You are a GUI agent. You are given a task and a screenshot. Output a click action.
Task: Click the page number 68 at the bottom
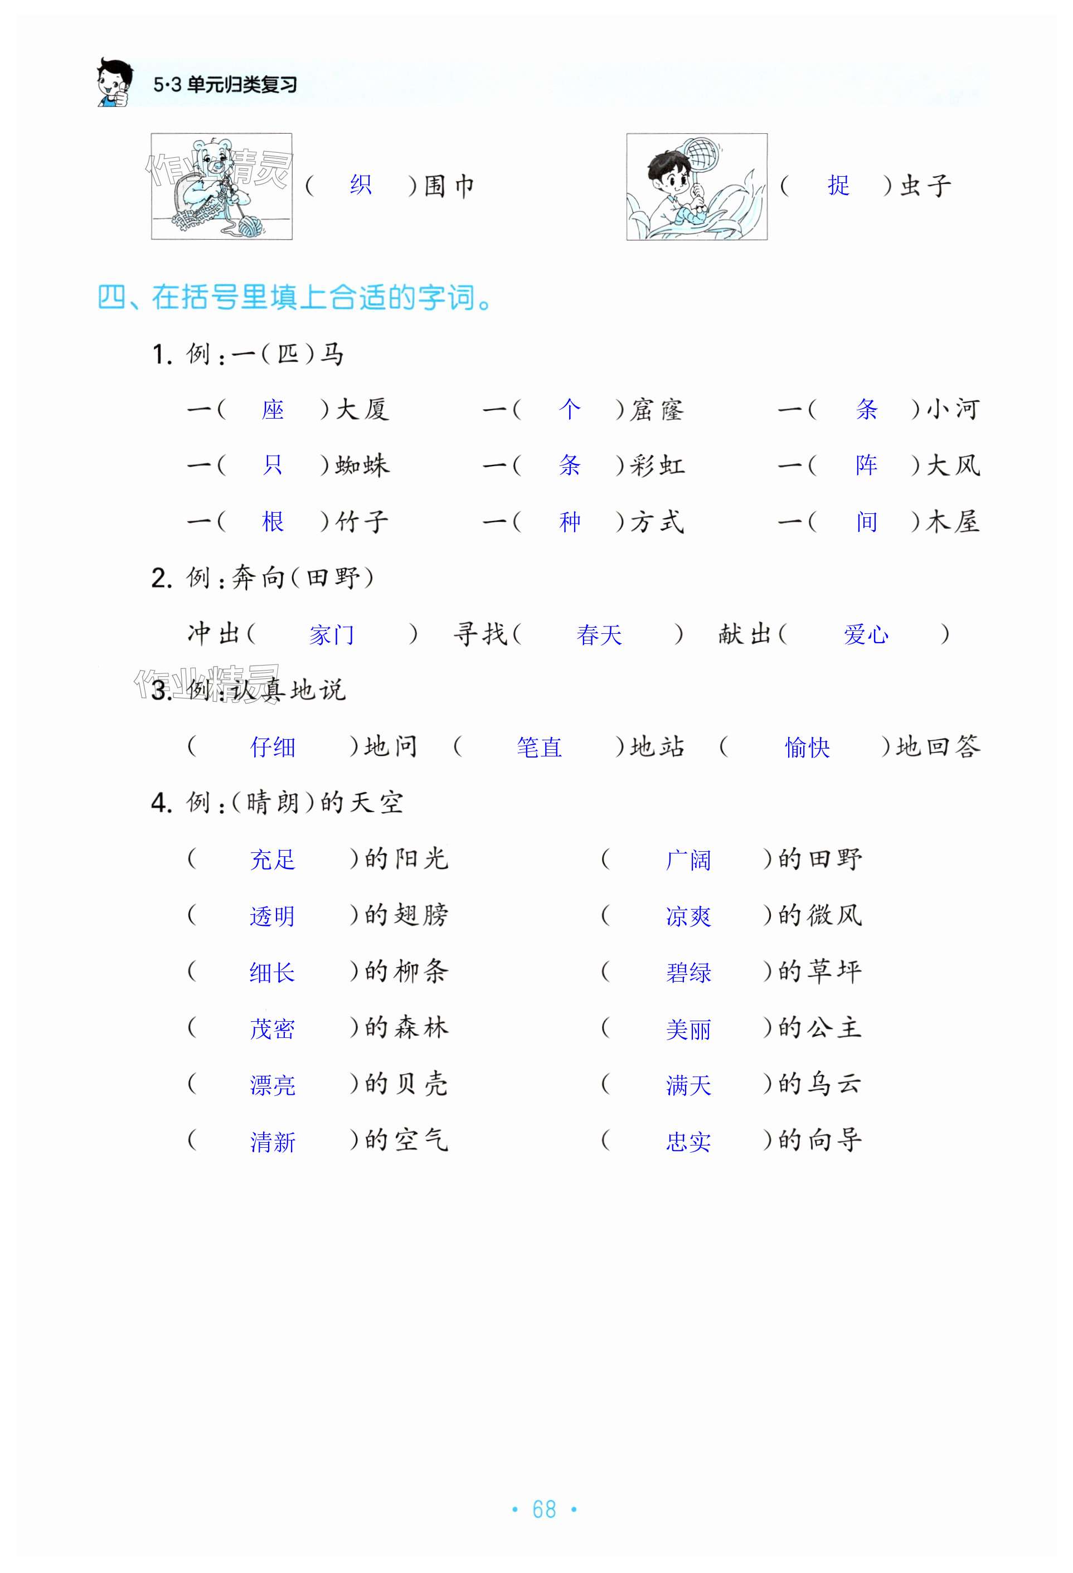coord(543,1509)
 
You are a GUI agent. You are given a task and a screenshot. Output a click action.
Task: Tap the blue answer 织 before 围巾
coord(361,185)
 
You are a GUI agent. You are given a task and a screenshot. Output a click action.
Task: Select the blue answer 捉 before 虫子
coord(838,186)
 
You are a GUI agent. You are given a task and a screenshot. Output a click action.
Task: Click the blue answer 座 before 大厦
coord(273,410)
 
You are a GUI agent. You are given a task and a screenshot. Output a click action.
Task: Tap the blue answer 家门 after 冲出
coord(332,635)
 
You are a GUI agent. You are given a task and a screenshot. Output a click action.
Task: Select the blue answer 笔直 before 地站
coord(539,747)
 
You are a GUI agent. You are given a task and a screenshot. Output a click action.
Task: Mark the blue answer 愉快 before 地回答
coord(807,747)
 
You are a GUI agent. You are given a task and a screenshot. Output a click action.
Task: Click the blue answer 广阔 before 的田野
coord(688,860)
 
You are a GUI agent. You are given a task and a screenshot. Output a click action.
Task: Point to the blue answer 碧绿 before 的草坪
coord(688,973)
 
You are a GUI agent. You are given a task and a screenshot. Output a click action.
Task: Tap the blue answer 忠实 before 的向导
coord(688,1142)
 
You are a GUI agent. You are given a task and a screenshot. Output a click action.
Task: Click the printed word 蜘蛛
coord(362,465)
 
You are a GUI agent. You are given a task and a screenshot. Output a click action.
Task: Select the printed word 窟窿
coord(657,410)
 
